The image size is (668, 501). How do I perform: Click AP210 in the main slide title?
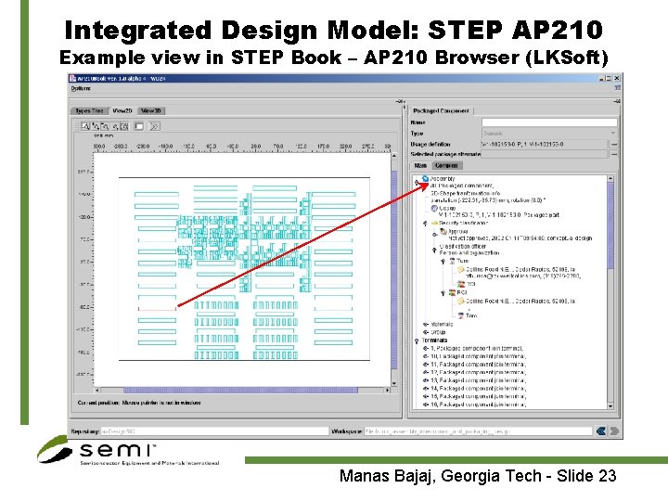coord(554,30)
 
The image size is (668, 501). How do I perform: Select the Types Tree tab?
coord(89,110)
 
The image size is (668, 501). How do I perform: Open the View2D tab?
coord(122,110)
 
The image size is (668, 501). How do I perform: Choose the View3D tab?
coord(150,110)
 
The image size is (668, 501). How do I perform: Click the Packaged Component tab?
coord(441,110)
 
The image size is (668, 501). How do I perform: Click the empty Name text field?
coord(549,122)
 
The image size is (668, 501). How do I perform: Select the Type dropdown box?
coord(549,134)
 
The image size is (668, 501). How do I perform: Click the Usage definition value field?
coord(543,144)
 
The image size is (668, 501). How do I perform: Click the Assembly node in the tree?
coord(443,177)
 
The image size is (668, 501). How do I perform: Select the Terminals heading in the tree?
coord(435,340)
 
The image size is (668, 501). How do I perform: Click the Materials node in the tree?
coord(440,326)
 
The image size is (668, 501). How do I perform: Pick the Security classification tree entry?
coord(455,223)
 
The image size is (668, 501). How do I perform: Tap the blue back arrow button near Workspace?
coord(601,431)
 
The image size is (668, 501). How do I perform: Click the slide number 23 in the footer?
coord(606,477)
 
